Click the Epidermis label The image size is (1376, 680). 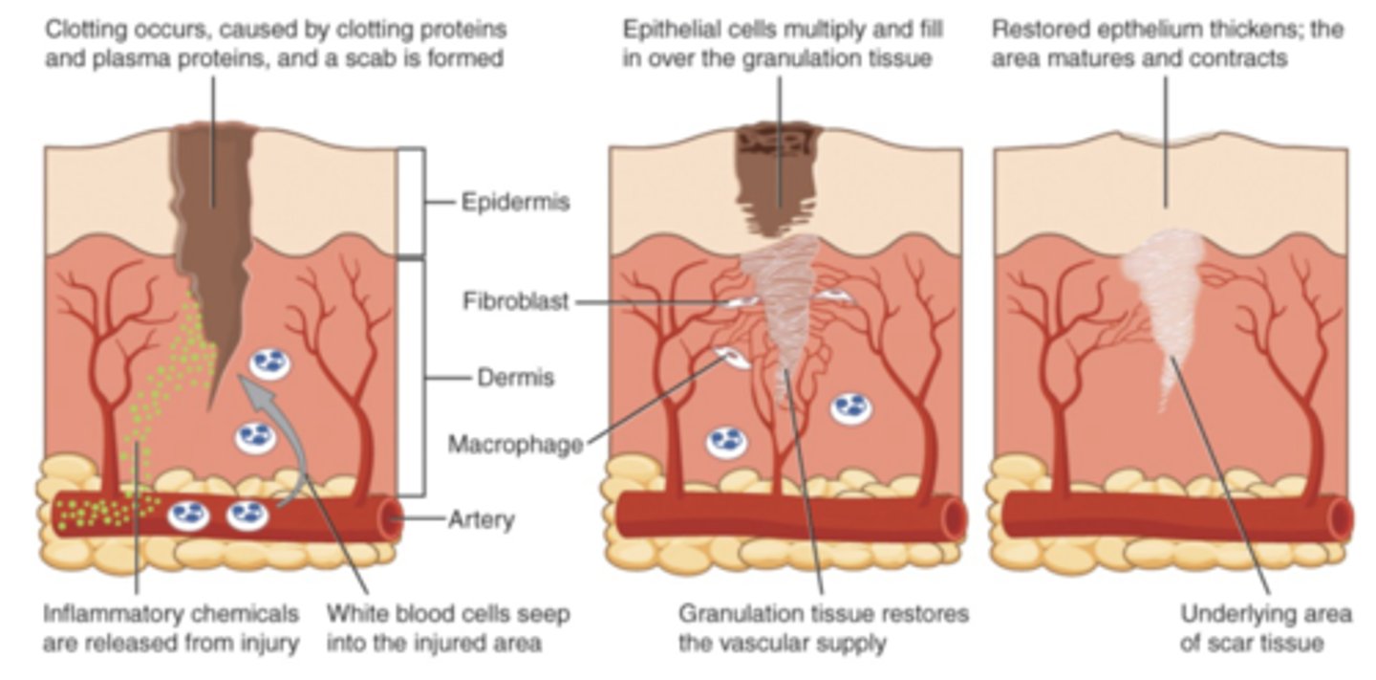click(x=515, y=203)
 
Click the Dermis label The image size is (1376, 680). click(x=515, y=378)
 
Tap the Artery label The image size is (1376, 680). click(x=482, y=520)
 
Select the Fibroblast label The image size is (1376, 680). click(x=516, y=302)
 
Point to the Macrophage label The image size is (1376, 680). click(x=515, y=445)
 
